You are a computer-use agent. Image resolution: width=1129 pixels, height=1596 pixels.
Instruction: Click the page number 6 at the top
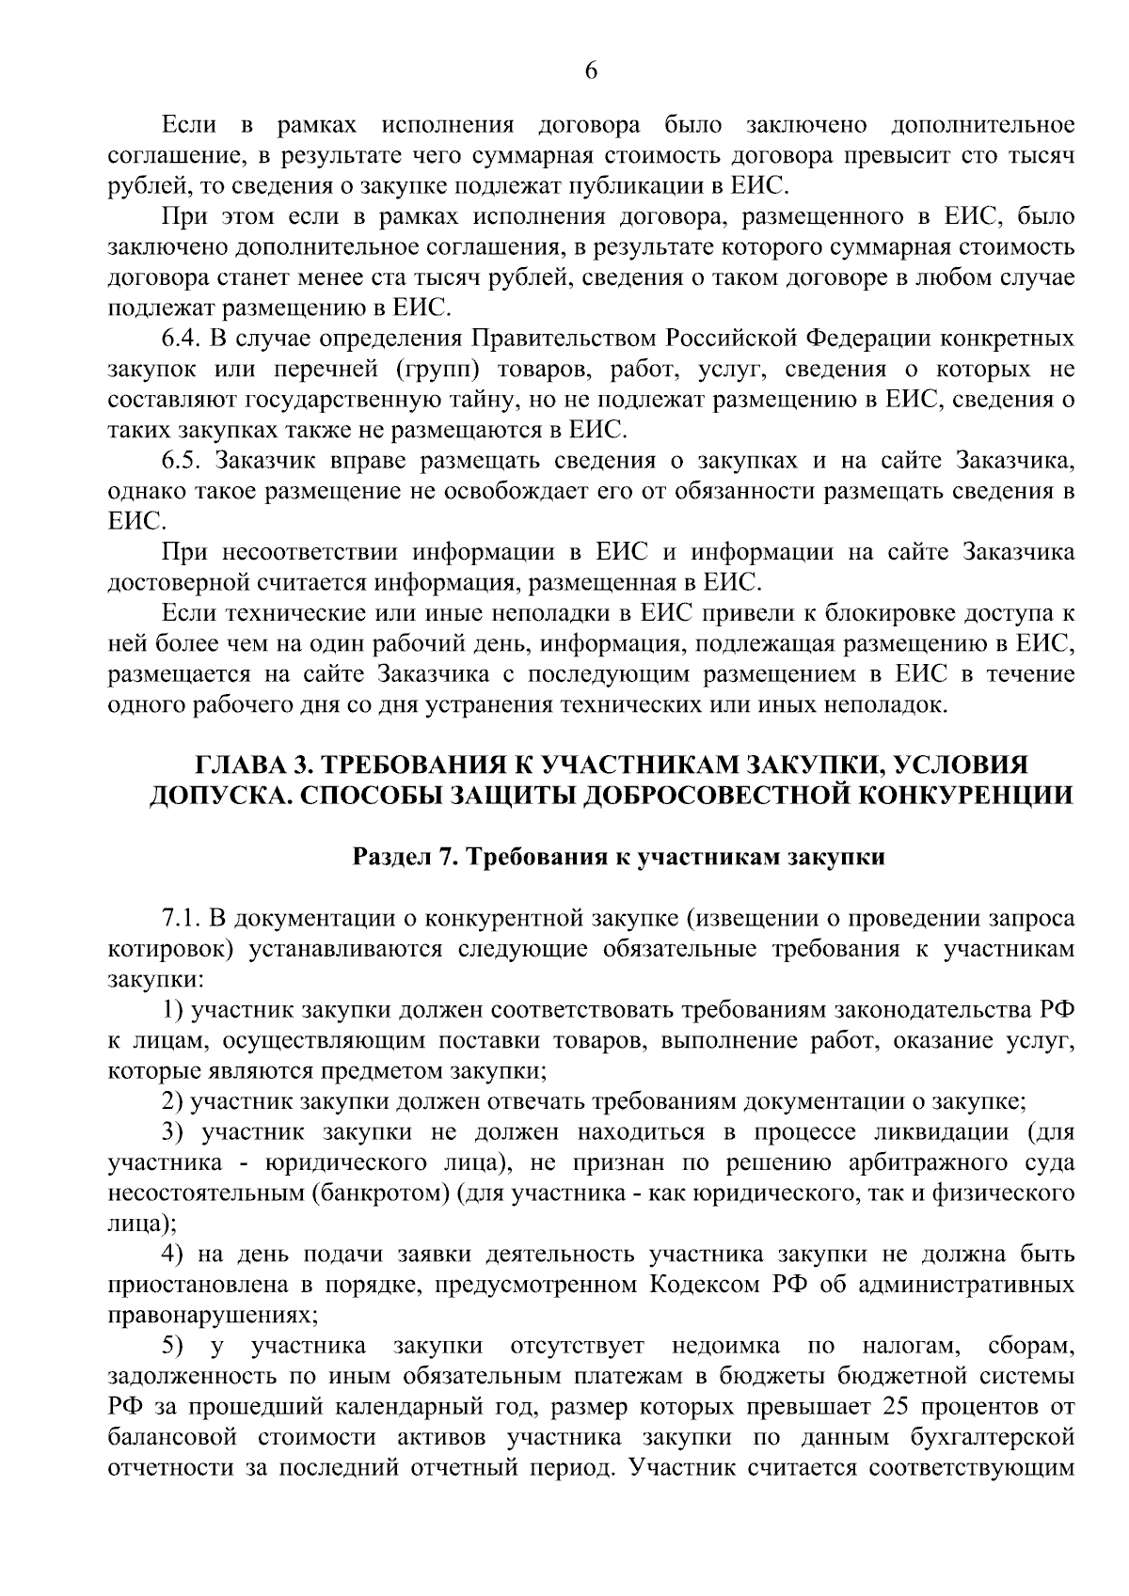tap(591, 71)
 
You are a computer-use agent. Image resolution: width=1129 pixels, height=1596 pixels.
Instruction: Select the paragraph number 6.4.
tap(179, 339)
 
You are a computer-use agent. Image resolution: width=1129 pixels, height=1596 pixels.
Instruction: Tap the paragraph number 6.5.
tap(179, 461)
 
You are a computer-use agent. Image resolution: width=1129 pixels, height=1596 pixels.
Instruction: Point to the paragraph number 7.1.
tap(179, 918)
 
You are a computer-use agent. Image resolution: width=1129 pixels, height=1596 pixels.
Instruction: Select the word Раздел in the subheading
tap(389, 857)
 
